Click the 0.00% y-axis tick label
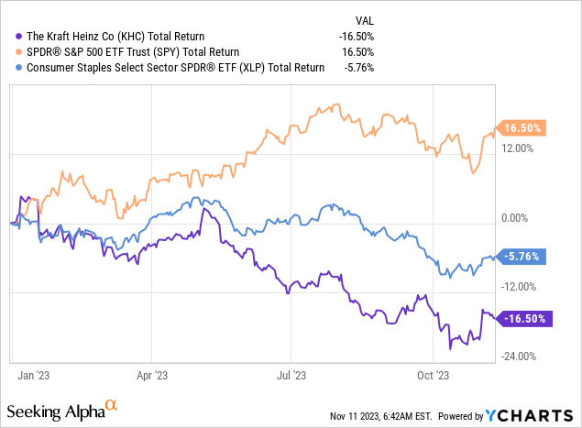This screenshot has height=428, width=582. point(519,217)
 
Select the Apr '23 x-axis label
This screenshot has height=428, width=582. point(152,374)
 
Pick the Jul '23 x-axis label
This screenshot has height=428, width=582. point(291,374)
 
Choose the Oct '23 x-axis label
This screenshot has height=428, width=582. point(432,374)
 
